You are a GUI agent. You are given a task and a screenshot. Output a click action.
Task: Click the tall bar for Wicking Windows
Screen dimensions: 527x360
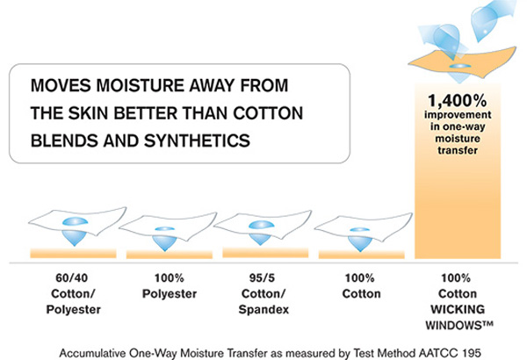pyautogui.click(x=458, y=170)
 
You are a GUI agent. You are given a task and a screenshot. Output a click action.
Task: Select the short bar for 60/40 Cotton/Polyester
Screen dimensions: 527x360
pyautogui.click(x=73, y=254)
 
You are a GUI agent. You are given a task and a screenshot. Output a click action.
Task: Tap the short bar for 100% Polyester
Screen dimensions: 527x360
pyautogui.click(x=170, y=255)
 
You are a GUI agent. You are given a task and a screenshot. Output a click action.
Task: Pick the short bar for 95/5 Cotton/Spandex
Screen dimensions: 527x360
pyautogui.click(x=265, y=253)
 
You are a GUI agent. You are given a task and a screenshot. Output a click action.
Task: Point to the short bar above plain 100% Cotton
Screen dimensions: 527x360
pyautogui.click(x=362, y=255)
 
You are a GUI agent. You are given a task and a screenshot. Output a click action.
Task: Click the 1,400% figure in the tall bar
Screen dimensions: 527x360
pyautogui.click(x=458, y=100)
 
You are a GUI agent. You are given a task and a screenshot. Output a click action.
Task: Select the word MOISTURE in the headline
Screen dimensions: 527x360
pyautogui.click(x=140, y=85)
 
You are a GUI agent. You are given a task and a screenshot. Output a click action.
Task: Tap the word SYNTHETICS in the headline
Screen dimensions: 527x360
pyautogui.click(x=197, y=140)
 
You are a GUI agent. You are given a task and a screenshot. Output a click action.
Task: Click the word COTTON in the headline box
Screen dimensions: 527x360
pyautogui.click(x=268, y=113)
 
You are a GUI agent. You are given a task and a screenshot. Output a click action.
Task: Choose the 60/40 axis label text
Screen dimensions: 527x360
pyautogui.click(x=72, y=278)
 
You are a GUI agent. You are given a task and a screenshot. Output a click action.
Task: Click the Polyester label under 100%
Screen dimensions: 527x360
pyautogui.click(x=170, y=294)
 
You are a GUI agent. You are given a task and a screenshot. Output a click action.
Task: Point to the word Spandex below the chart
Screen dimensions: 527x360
pyautogui.click(x=263, y=309)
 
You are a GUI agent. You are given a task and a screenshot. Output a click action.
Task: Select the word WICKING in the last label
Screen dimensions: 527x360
pyautogui.click(x=458, y=309)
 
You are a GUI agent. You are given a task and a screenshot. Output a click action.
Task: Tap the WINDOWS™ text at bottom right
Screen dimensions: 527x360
pyautogui.click(x=459, y=325)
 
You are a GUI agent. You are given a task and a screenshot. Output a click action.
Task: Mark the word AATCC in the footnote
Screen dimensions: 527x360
pyautogui.click(x=438, y=353)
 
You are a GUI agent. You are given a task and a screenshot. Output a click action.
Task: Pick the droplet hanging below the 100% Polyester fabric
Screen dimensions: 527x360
pyautogui.click(x=165, y=242)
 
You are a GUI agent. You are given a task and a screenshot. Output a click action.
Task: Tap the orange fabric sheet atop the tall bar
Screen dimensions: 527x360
pyautogui.click(x=462, y=62)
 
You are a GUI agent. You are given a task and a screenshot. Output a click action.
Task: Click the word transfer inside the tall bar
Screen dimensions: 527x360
pyautogui.click(x=458, y=150)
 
